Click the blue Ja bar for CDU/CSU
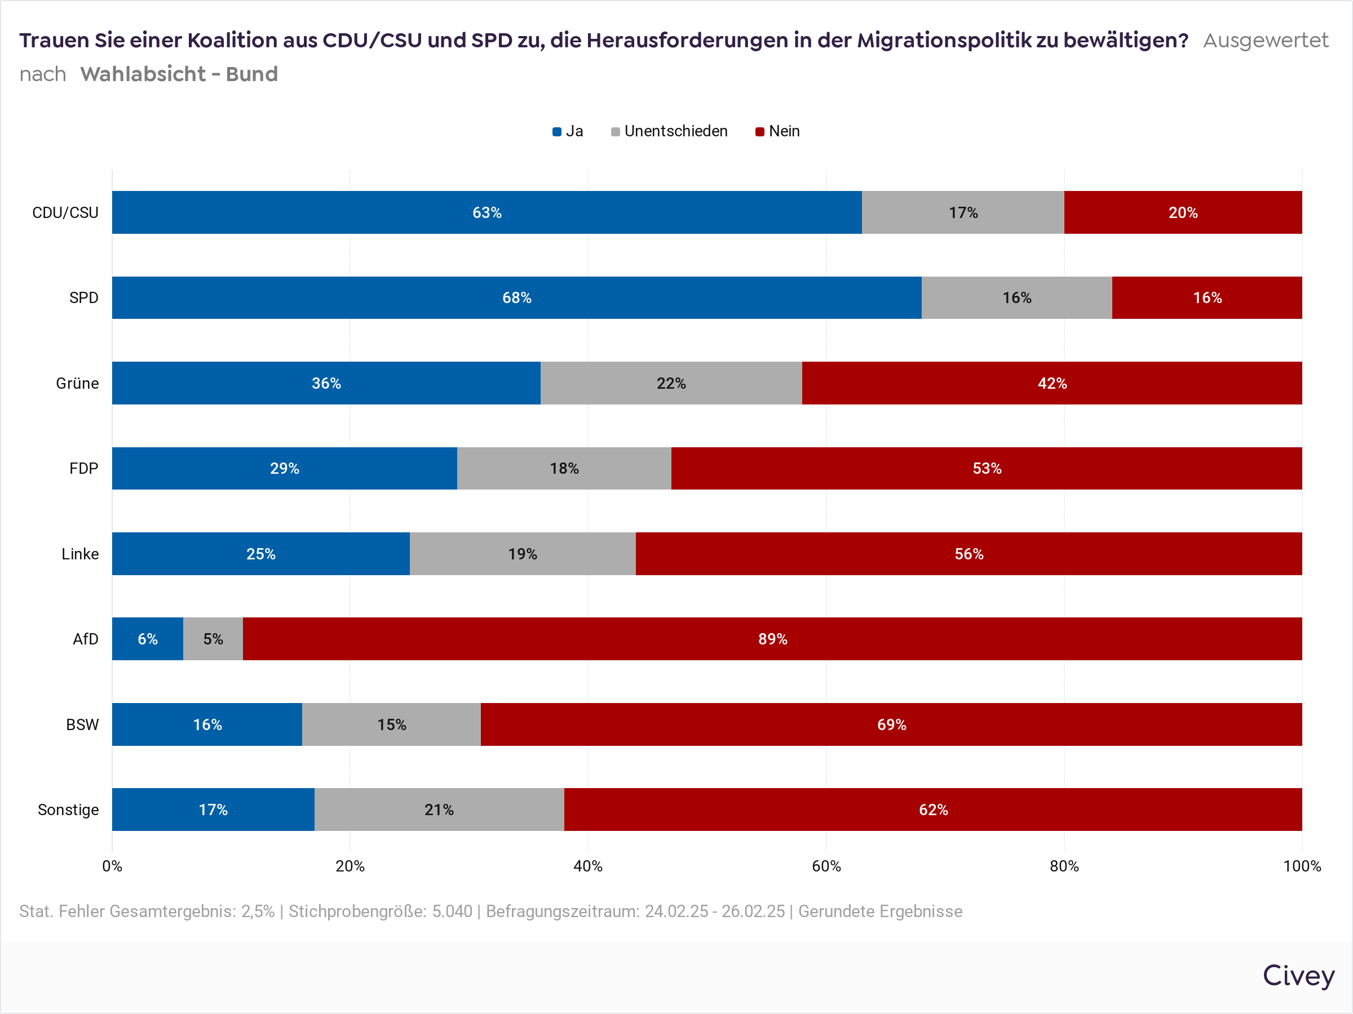(487, 212)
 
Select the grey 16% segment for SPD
(1016, 297)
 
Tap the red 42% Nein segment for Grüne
(1051, 383)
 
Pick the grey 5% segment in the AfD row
(213, 639)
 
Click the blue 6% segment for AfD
(147, 639)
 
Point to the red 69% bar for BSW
(891, 724)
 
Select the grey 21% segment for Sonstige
(439, 810)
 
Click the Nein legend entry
(777, 131)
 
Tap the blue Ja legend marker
(556, 132)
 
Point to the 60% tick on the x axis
(826, 866)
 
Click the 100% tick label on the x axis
(1302, 866)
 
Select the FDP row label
(83, 468)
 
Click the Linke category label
(79, 554)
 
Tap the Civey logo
(1298, 976)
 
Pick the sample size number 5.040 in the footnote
(452, 911)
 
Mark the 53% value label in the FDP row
(987, 468)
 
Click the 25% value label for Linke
(260, 554)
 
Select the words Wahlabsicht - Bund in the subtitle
(179, 74)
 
